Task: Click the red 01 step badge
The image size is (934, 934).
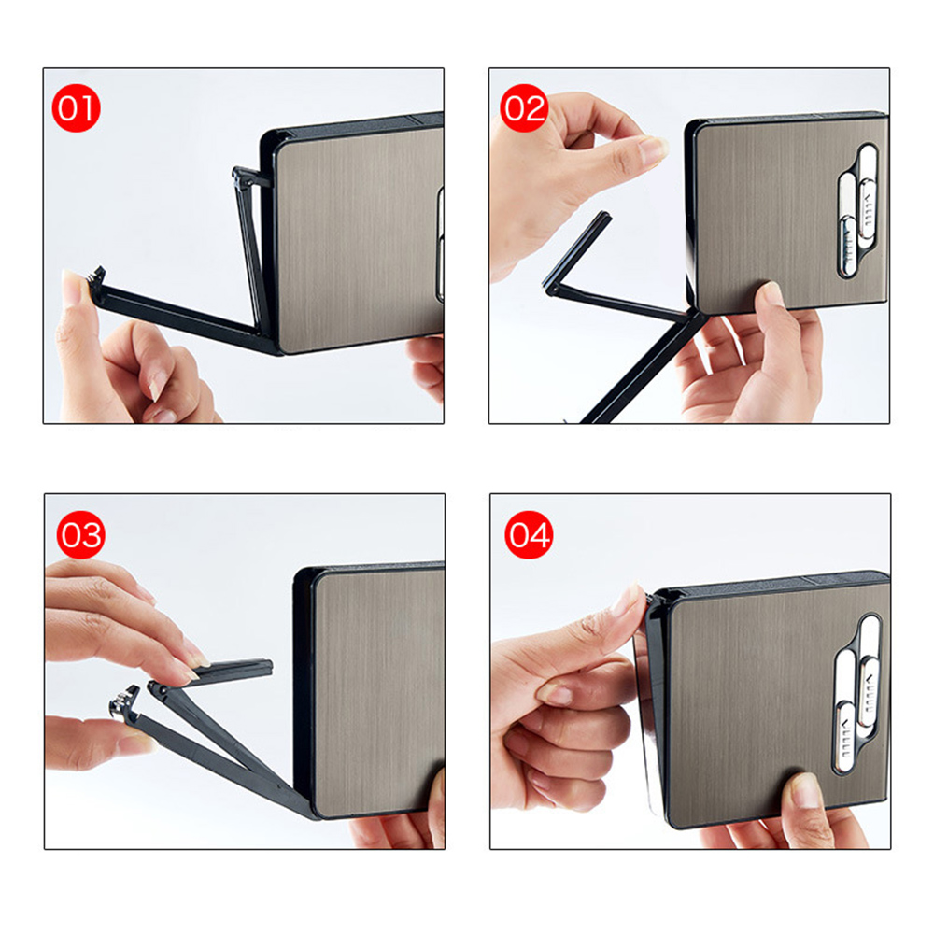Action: point(77,108)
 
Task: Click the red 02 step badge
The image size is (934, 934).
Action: point(524,107)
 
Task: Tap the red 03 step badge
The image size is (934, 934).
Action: point(81,534)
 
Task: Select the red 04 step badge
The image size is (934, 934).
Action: point(529,534)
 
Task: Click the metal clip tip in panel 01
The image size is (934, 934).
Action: point(97,277)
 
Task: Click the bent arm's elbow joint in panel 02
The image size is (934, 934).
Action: point(552,288)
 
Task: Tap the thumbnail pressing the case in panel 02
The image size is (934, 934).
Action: point(773,293)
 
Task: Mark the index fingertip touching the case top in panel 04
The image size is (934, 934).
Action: point(630,600)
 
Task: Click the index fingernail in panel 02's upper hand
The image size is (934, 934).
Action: point(654,149)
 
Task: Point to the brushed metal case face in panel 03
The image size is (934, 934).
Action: point(378,690)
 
